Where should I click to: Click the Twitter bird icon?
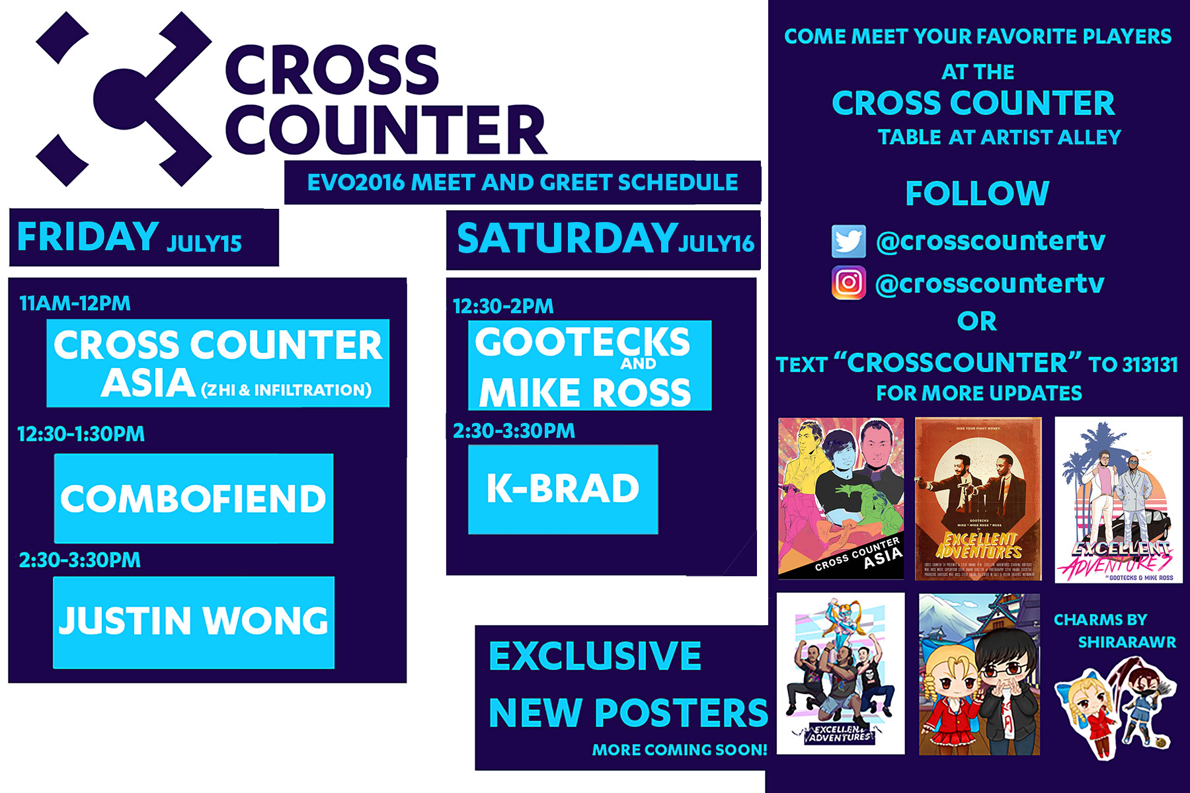pyautogui.click(x=848, y=242)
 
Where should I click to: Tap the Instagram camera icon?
pyautogui.click(x=848, y=283)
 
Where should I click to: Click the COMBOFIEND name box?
pyautogui.click(x=193, y=498)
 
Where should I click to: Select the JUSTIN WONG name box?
pyautogui.click(x=193, y=622)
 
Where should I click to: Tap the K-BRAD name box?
pyautogui.click(x=563, y=489)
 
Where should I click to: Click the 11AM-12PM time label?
pyautogui.click(x=75, y=303)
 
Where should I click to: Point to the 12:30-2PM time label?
pyautogui.click(x=502, y=306)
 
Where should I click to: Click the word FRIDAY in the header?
pyautogui.click(x=87, y=237)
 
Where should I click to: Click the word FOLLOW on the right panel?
pyautogui.click(x=977, y=194)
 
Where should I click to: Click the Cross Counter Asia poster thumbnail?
pyautogui.click(x=840, y=499)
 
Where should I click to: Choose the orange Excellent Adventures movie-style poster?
pyautogui.click(x=978, y=499)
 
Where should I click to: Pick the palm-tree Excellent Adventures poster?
pyautogui.click(x=1118, y=499)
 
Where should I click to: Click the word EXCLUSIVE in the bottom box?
pyautogui.click(x=594, y=656)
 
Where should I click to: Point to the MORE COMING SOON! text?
pyautogui.click(x=679, y=750)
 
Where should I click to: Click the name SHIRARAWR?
pyautogui.click(x=1127, y=642)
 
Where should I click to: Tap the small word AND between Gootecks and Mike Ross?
pyautogui.click(x=638, y=363)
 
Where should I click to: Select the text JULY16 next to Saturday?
pyautogui.click(x=717, y=244)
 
